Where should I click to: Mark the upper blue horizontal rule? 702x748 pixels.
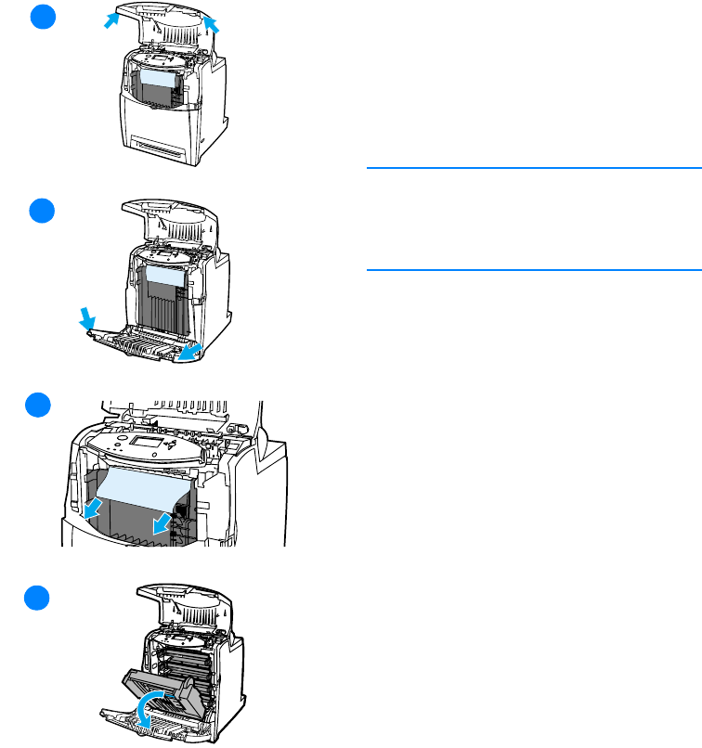coord(533,169)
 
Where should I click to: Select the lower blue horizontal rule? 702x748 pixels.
coord(533,270)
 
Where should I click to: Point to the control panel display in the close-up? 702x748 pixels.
coord(150,443)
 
